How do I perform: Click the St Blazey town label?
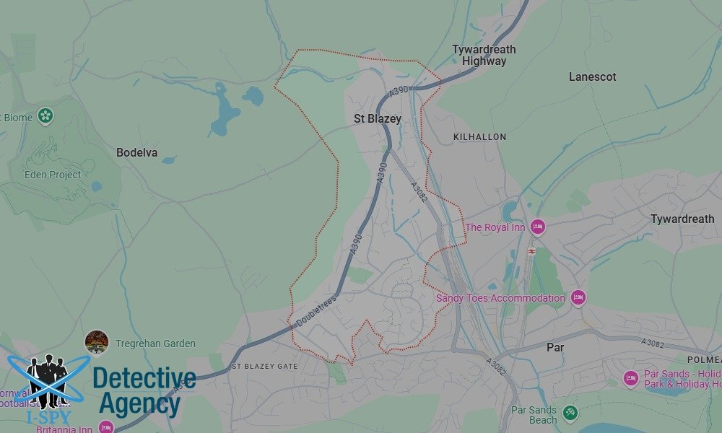pyautogui.click(x=377, y=119)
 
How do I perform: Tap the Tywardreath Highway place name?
pyautogui.click(x=484, y=56)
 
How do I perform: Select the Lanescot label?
pyautogui.click(x=592, y=76)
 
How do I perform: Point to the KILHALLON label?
pyautogui.click(x=479, y=136)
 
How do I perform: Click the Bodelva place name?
pyautogui.click(x=136, y=153)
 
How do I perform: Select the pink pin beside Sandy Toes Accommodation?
pyautogui.click(x=578, y=297)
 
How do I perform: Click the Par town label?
pyautogui.click(x=555, y=347)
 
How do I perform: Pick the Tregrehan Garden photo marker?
pyautogui.click(x=97, y=342)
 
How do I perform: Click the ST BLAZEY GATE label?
pyautogui.click(x=264, y=367)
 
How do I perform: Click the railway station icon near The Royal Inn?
pyautogui.click(x=531, y=250)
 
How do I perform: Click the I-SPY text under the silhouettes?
pyautogui.click(x=47, y=418)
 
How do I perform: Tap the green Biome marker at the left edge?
pyautogui.click(x=46, y=116)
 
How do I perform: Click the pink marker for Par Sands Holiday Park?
pyautogui.click(x=631, y=378)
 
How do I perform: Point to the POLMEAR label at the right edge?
pyautogui.click(x=704, y=359)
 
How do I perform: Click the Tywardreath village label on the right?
pyautogui.click(x=682, y=219)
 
